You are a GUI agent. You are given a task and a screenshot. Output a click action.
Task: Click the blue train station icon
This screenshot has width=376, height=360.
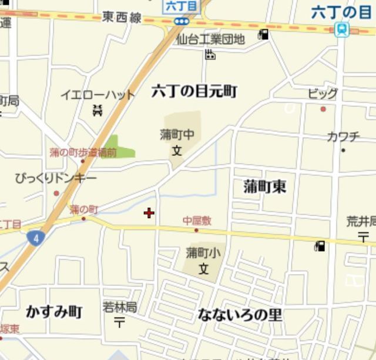341,29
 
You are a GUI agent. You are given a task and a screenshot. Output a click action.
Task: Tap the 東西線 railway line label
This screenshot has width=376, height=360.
122,18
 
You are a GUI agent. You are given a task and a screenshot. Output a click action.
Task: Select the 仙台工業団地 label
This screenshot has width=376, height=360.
210,40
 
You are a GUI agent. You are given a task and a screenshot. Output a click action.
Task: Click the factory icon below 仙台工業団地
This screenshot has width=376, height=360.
210,55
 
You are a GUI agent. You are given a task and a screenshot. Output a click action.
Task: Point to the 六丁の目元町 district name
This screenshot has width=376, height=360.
194,91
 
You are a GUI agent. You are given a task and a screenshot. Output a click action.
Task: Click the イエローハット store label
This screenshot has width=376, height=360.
98,94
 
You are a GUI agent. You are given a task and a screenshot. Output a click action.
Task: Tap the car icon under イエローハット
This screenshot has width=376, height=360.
98,109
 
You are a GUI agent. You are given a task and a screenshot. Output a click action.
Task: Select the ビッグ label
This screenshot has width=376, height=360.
323,94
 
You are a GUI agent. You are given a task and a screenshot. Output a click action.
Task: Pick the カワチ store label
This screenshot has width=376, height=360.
343,137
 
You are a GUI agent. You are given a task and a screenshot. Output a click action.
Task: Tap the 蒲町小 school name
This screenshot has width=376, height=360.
203,253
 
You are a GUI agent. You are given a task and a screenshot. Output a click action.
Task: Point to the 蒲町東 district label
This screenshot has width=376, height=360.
264,187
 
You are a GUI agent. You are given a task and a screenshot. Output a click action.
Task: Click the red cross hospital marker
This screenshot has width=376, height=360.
149,213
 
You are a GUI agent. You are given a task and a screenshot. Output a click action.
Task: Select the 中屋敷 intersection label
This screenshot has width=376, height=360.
196,221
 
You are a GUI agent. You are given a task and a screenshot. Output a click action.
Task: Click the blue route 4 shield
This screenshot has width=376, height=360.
36,238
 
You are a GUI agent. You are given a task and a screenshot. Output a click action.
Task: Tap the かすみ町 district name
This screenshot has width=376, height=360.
54,312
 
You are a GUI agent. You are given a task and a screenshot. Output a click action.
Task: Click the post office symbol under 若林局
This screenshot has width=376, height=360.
119,322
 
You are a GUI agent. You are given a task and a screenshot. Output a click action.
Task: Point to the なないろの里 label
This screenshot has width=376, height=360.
240,315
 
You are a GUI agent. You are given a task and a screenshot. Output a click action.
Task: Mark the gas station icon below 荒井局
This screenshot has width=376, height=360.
320,246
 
